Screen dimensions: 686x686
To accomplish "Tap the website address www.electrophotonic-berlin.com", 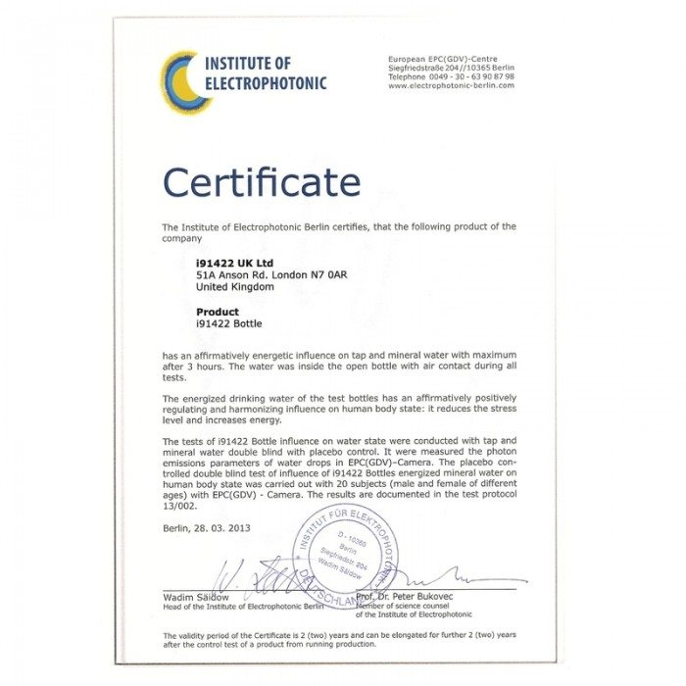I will [x=451, y=85].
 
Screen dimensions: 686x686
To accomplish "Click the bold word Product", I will [x=218, y=312].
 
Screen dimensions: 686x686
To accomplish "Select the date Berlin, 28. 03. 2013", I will [x=207, y=528].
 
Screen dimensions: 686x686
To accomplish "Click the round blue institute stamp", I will [x=349, y=558].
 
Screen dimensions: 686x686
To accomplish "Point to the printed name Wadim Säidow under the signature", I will [x=196, y=597].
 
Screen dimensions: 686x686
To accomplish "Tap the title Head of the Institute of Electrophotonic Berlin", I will [x=244, y=607].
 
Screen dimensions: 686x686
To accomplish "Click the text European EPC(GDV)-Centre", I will [x=443, y=59].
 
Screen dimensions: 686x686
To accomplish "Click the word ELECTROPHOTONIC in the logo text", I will [x=265, y=83].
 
